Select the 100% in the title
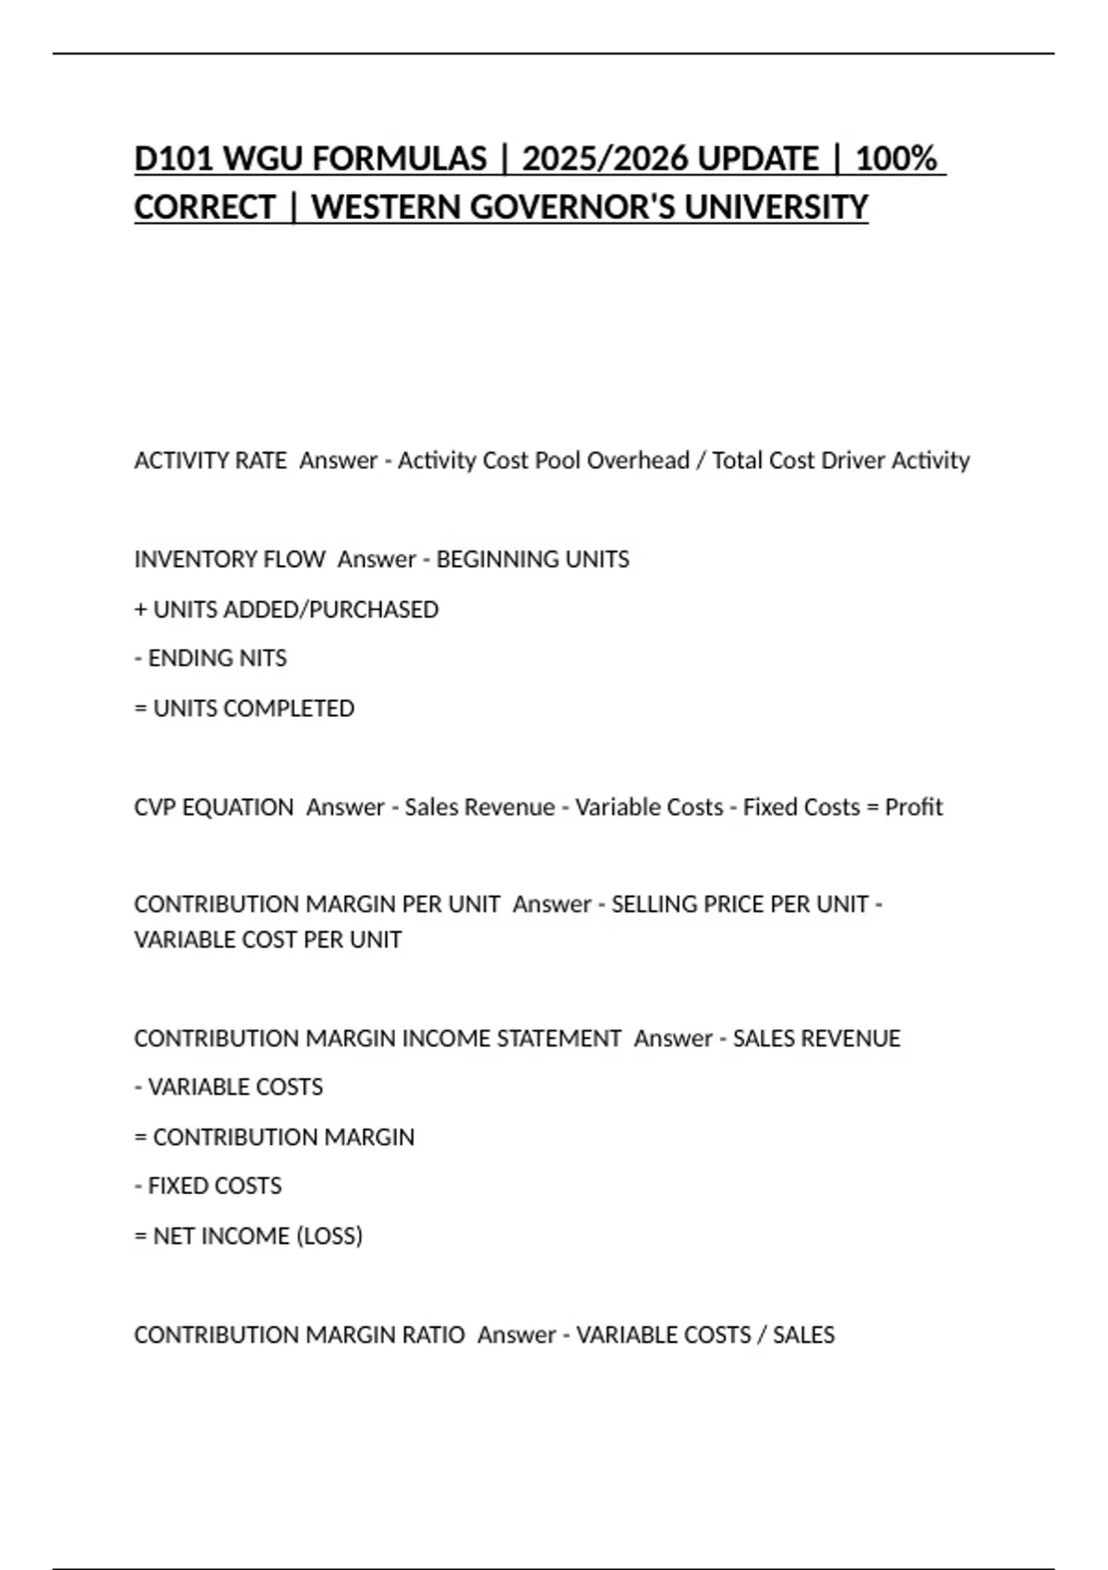tap(896, 159)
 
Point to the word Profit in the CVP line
tap(914, 807)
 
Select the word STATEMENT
tap(559, 1039)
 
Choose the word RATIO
tap(433, 1335)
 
